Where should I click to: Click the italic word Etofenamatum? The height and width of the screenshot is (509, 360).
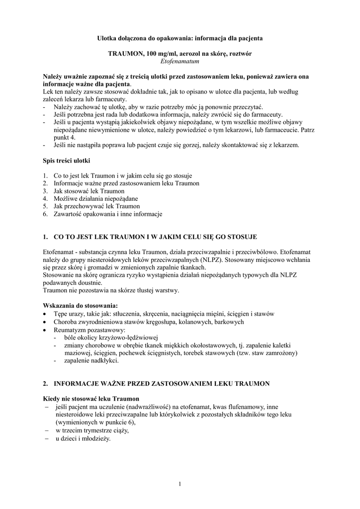(x=180, y=61)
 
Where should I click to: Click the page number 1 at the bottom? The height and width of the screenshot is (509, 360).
(x=180, y=485)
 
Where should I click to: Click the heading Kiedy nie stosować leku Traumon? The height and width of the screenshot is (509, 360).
(x=91, y=399)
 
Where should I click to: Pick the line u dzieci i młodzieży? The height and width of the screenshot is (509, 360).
(x=83, y=439)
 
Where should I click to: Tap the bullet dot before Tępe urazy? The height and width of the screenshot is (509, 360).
(x=46, y=315)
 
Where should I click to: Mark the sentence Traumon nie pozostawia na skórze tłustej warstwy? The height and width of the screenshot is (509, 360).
(x=111, y=290)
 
